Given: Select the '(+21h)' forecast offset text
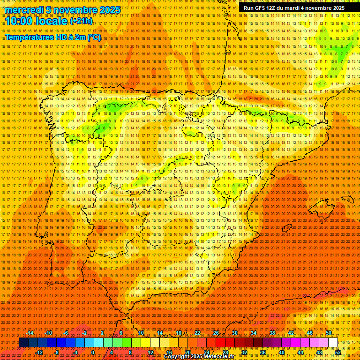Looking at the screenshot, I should coord(82,21).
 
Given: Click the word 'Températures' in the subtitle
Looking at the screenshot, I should coord(29,37).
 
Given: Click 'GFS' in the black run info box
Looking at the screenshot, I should coord(262,8).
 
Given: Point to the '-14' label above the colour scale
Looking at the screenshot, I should coord(30,333).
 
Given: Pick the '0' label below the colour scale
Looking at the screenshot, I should coord(93,352).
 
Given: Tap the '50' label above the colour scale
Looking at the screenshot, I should coord(329,333).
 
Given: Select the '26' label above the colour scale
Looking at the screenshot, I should coord(216,333).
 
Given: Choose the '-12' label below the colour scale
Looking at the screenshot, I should coord(39,352).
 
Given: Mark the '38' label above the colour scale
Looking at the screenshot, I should coord(272,333).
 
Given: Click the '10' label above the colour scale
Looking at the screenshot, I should coord(141,333).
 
